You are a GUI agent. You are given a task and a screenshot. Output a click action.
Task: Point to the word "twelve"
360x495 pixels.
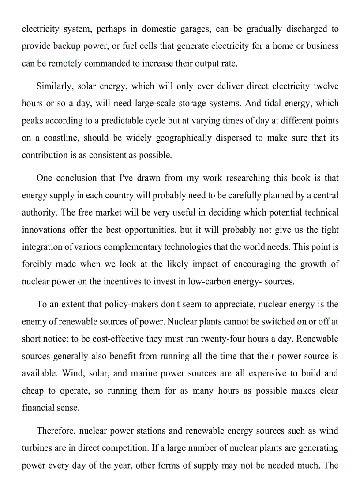click(326, 86)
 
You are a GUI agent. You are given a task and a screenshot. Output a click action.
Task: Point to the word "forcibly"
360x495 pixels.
click(36, 264)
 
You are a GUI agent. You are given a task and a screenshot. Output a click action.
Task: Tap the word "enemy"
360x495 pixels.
click(34, 322)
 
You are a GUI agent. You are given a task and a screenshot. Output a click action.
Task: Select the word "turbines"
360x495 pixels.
click(37, 448)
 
